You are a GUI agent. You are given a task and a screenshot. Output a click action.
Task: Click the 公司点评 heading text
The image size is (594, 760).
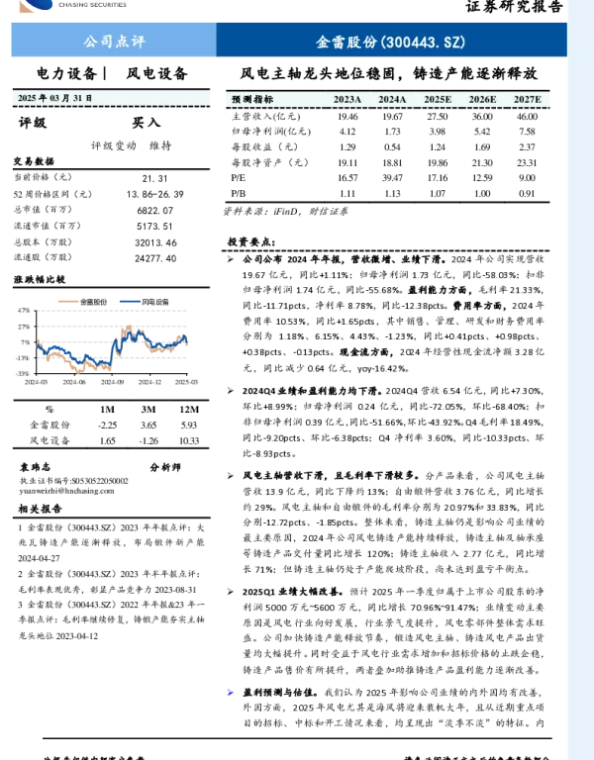(x=114, y=42)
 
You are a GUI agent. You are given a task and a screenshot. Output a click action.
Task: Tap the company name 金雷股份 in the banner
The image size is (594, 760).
(x=346, y=43)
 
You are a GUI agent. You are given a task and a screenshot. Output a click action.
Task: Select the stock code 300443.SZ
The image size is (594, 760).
(x=423, y=43)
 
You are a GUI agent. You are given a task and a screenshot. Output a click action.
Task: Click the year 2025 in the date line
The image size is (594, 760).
(x=27, y=99)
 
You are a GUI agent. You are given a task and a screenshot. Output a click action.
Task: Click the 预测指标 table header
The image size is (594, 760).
(x=252, y=100)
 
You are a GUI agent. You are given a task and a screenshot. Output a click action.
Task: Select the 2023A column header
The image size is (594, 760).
(x=347, y=100)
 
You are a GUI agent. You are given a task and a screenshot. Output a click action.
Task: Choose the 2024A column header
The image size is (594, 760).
(x=392, y=100)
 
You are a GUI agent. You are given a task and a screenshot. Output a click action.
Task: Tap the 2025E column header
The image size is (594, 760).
(x=438, y=100)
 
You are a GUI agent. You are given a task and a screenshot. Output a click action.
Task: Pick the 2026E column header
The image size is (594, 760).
(x=482, y=100)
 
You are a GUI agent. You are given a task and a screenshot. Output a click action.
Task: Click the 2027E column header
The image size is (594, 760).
(x=528, y=100)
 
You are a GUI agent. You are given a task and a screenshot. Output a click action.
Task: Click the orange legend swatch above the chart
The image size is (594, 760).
(x=68, y=302)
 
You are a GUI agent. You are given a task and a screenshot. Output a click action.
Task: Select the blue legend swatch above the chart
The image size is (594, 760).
(x=130, y=302)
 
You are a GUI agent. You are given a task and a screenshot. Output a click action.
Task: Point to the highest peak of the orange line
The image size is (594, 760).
(x=128, y=326)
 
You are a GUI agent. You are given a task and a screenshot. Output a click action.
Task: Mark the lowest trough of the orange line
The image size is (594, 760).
(x=80, y=371)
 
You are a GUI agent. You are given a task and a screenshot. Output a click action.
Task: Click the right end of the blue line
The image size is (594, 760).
(x=186, y=342)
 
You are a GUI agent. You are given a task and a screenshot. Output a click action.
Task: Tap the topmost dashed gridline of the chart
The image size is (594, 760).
(x=112, y=311)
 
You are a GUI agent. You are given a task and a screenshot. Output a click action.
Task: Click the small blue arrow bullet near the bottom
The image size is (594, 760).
(x=230, y=692)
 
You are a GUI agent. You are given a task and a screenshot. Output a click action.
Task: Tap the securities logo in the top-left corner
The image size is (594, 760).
(x=36, y=6)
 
